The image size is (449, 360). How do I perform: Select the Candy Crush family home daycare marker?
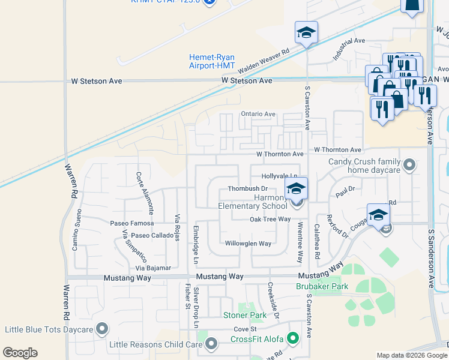(410, 164)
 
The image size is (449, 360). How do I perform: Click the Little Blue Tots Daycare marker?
(102, 329)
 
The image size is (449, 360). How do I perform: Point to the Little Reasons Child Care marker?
(211, 344)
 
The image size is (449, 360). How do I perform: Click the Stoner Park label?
(244, 315)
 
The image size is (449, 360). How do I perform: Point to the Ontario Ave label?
(258, 114)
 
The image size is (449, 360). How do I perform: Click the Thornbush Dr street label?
(247, 189)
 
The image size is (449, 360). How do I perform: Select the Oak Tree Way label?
(270, 220)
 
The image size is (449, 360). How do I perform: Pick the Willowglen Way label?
(248, 244)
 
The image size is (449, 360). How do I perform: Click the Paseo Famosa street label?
(132, 223)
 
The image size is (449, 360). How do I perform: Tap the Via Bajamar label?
(153, 268)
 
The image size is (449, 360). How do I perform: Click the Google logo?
(20, 353)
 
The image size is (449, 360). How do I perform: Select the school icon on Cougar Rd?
(379, 215)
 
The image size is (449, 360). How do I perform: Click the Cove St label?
(245, 329)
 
